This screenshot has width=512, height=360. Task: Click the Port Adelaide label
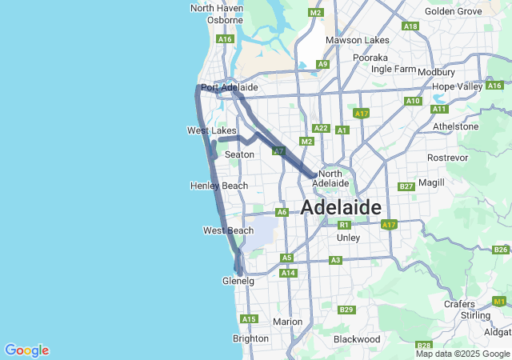(229, 87)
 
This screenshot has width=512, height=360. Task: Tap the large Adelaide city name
(341, 208)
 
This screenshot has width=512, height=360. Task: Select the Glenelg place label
(238, 282)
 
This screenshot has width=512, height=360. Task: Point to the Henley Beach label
(219, 186)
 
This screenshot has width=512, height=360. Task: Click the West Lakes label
(211, 130)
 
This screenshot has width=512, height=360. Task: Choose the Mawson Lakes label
(357, 40)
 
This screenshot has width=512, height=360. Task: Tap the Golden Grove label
(453, 11)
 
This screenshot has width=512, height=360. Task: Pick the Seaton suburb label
(239, 154)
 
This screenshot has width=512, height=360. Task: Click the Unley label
(349, 238)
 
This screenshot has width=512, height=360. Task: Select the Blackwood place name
(357, 339)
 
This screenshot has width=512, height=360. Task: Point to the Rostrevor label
(446, 158)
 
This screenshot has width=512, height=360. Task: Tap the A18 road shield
(410, 26)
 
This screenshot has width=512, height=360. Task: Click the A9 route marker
(322, 64)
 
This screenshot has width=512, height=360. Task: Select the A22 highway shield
(321, 128)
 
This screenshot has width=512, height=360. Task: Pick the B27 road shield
(406, 186)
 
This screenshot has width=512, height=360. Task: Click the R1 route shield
(345, 225)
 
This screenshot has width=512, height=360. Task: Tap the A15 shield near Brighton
(249, 319)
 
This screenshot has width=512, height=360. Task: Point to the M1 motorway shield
(500, 302)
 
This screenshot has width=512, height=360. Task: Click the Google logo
(26, 350)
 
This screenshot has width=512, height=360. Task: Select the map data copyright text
(463, 354)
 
